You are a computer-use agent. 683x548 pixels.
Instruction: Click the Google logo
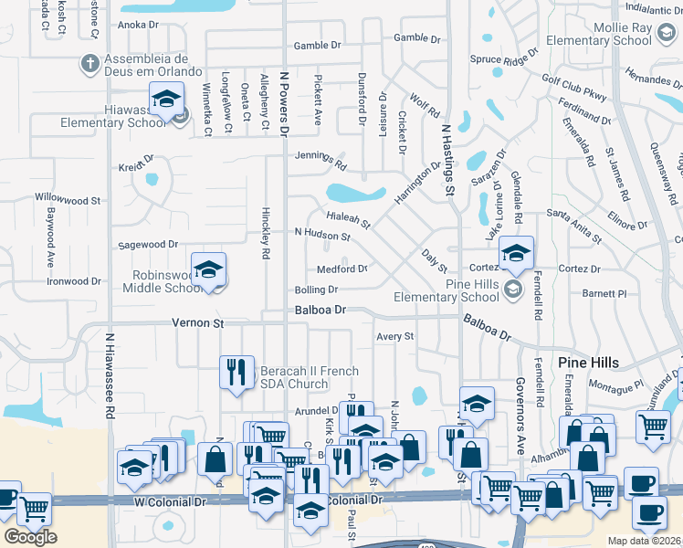30,537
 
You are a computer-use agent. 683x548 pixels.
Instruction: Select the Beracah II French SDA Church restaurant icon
236,371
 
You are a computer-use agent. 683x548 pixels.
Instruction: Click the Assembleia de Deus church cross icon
90,64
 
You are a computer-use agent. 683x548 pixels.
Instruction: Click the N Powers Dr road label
284,105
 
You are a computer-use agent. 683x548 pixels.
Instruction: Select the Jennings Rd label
320,160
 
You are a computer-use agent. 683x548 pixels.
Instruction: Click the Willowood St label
68,199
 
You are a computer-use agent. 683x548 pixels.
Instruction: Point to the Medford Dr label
341,269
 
